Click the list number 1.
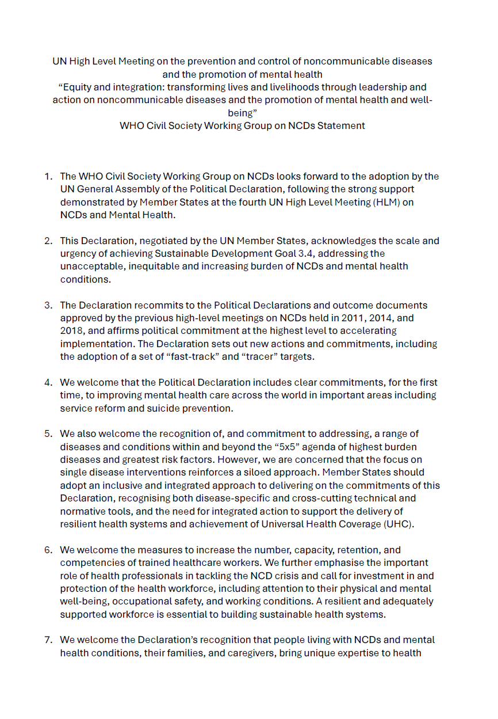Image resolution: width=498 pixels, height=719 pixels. [48, 176]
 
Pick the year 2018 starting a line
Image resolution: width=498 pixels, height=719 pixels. [71, 330]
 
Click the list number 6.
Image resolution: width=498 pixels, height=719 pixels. [48, 550]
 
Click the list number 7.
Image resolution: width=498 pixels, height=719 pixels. [48, 640]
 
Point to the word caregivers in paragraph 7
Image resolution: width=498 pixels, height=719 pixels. [250, 653]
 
